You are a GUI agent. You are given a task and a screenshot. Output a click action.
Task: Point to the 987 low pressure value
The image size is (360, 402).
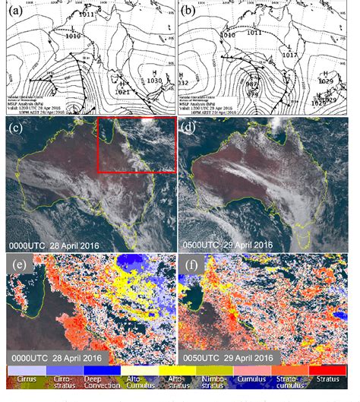click(252, 84)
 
